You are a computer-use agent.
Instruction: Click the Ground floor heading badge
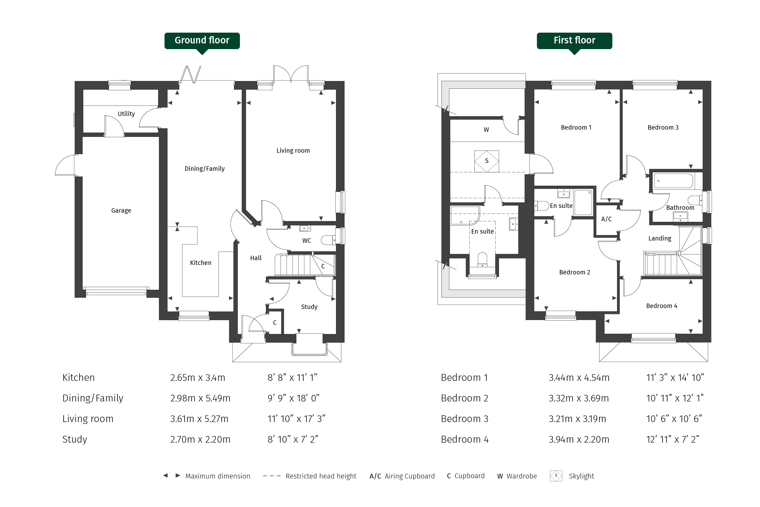coord(202,41)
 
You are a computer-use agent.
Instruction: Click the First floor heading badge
coord(574,41)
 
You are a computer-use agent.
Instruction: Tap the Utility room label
coord(126,114)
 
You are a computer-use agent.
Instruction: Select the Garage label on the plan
coord(121,210)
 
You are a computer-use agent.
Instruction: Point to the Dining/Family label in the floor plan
coord(205,169)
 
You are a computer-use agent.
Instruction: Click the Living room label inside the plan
coord(293,151)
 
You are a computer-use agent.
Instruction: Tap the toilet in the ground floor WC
coord(328,240)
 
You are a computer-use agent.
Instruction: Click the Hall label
coord(256,258)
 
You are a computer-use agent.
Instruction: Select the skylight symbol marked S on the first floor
coord(486,161)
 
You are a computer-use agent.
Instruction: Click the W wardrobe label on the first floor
coord(486,130)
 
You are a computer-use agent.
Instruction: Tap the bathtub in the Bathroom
coord(674,181)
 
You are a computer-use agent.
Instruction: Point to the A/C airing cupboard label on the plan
coord(606,219)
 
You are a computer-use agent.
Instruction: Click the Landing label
coord(660,238)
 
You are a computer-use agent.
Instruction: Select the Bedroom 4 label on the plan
coord(662,306)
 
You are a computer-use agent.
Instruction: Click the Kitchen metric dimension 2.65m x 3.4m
coord(197,378)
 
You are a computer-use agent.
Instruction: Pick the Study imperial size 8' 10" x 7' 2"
coord(293,440)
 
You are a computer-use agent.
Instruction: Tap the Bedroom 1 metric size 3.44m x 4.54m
coord(579,378)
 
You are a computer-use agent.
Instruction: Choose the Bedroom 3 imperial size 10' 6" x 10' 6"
coord(674,419)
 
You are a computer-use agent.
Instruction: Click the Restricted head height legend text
coord(321,476)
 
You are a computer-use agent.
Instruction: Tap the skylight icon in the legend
coord(556,476)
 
